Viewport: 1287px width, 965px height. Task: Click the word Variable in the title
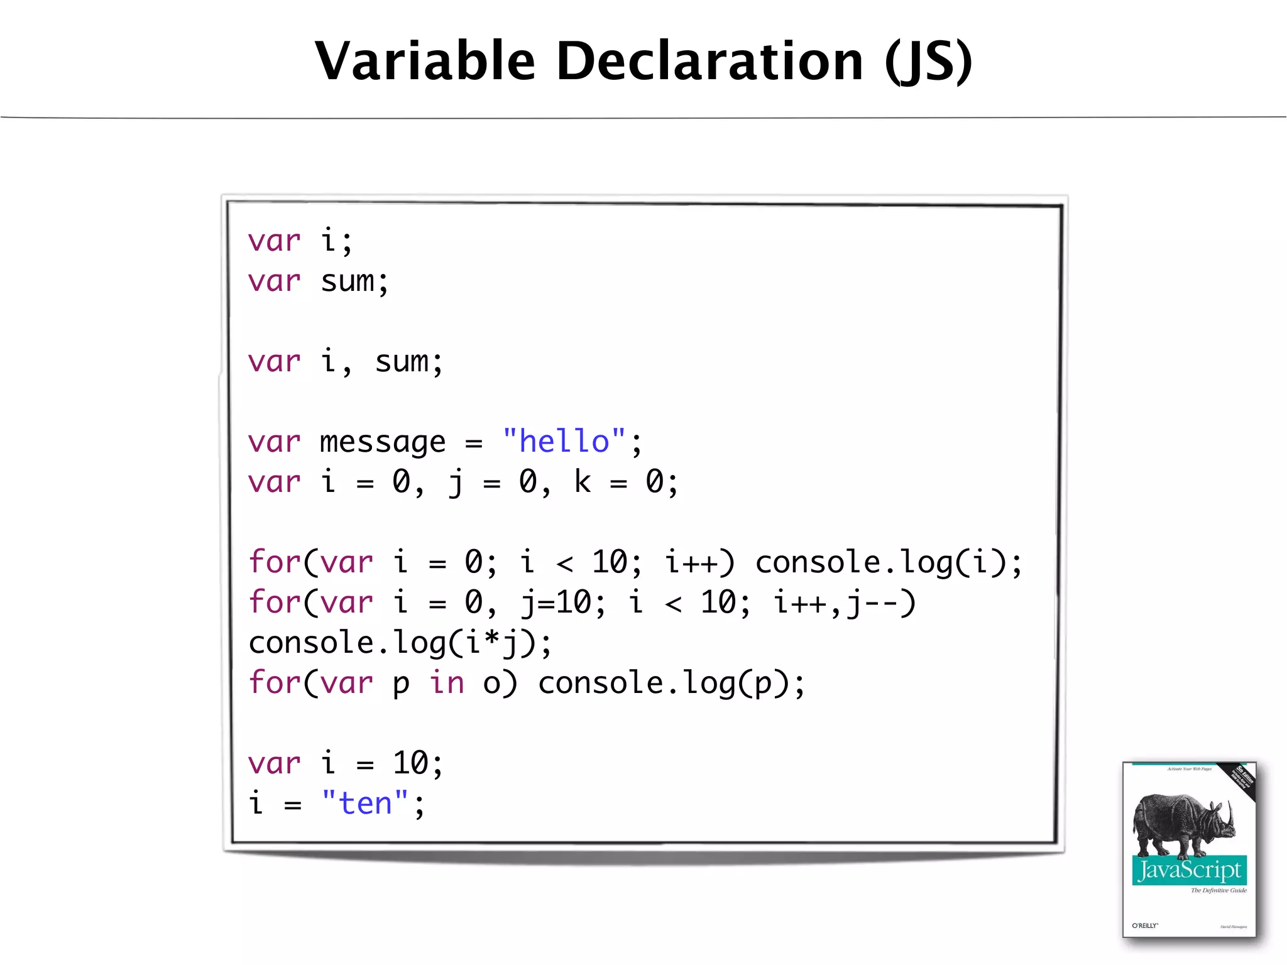click(x=425, y=61)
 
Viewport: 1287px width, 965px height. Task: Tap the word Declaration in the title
click(x=709, y=61)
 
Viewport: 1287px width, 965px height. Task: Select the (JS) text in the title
click(x=928, y=61)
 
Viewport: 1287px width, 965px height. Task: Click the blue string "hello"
click(x=564, y=442)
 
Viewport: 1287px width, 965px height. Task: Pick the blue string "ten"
click(x=364, y=804)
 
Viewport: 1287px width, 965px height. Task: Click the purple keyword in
click(x=447, y=683)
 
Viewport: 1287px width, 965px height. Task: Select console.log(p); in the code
click(x=671, y=684)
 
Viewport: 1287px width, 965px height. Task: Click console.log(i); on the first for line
click(x=888, y=562)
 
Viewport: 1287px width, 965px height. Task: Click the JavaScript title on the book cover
click(x=1190, y=870)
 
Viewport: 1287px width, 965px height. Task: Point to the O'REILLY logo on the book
click(x=1145, y=925)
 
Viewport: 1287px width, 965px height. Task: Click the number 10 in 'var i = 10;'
click(x=410, y=763)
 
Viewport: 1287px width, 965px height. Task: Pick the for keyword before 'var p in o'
click(x=275, y=683)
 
